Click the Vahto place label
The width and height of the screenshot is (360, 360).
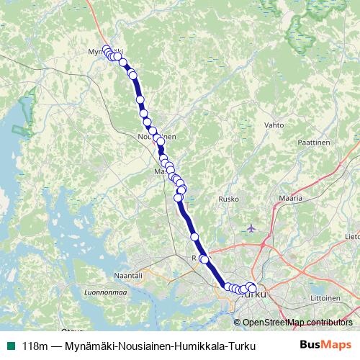(274, 125)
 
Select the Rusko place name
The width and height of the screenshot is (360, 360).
(228, 199)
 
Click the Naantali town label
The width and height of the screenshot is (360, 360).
(130, 275)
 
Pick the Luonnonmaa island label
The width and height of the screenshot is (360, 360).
(104, 293)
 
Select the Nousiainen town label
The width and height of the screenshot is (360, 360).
(156, 135)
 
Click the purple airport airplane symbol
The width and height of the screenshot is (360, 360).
(251, 228)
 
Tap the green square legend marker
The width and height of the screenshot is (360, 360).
(10, 346)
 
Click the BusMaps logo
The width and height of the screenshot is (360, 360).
(325, 346)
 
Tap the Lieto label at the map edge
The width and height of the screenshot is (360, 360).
(353, 235)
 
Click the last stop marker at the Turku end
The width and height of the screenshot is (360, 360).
(252, 289)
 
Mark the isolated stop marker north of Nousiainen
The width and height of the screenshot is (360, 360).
(140, 100)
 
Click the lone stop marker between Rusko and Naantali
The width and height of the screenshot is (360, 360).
(194, 236)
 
